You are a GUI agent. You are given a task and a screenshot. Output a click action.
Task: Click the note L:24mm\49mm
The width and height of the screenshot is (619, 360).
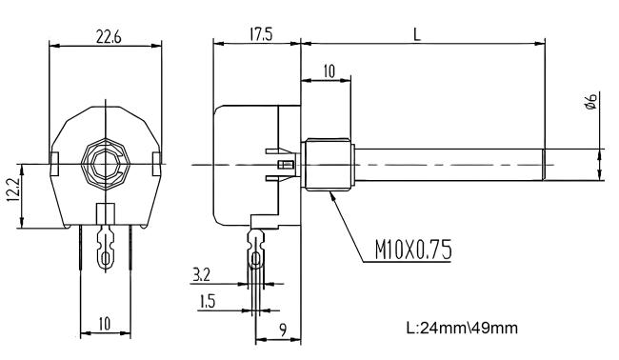pos(462,329)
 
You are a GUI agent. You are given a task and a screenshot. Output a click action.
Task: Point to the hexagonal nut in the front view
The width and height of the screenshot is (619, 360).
pos(106,164)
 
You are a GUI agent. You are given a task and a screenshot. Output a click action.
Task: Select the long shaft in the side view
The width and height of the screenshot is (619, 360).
pos(448,164)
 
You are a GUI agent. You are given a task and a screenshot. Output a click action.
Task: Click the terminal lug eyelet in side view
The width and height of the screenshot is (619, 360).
pos(255,258)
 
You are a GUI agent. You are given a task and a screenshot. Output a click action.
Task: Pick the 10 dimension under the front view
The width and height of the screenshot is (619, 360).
pos(105,325)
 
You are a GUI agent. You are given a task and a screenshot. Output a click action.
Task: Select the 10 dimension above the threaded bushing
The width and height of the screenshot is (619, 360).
pos(327,71)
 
